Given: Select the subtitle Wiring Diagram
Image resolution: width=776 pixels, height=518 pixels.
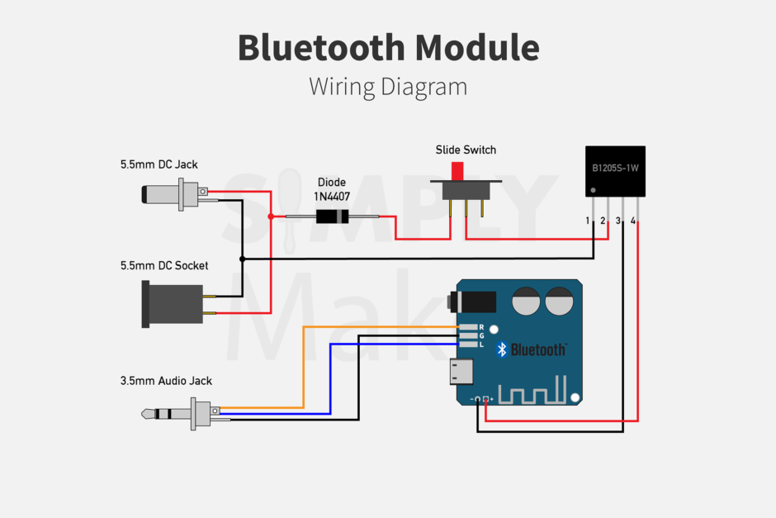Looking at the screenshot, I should coord(388,87).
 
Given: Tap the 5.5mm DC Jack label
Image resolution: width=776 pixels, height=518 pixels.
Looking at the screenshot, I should coord(159,164).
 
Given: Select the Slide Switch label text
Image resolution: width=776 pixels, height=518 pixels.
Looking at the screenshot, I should coord(466,150).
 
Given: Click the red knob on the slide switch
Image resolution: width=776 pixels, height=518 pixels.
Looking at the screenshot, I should coord(457,171).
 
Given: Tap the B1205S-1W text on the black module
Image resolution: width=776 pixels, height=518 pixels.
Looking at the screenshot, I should coord(615,168).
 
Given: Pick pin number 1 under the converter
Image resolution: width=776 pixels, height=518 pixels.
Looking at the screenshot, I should coord(588,221).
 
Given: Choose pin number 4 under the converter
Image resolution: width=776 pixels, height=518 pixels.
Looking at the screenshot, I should coord(632,221).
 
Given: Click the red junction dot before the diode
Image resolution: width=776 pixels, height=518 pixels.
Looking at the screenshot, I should coord(271,216).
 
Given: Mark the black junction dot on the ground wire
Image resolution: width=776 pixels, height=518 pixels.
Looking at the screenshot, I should coord(242,259).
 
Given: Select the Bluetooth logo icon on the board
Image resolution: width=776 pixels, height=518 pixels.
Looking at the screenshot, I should coord(501,349).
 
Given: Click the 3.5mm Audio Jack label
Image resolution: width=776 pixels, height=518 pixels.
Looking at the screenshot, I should coord(166,381).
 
